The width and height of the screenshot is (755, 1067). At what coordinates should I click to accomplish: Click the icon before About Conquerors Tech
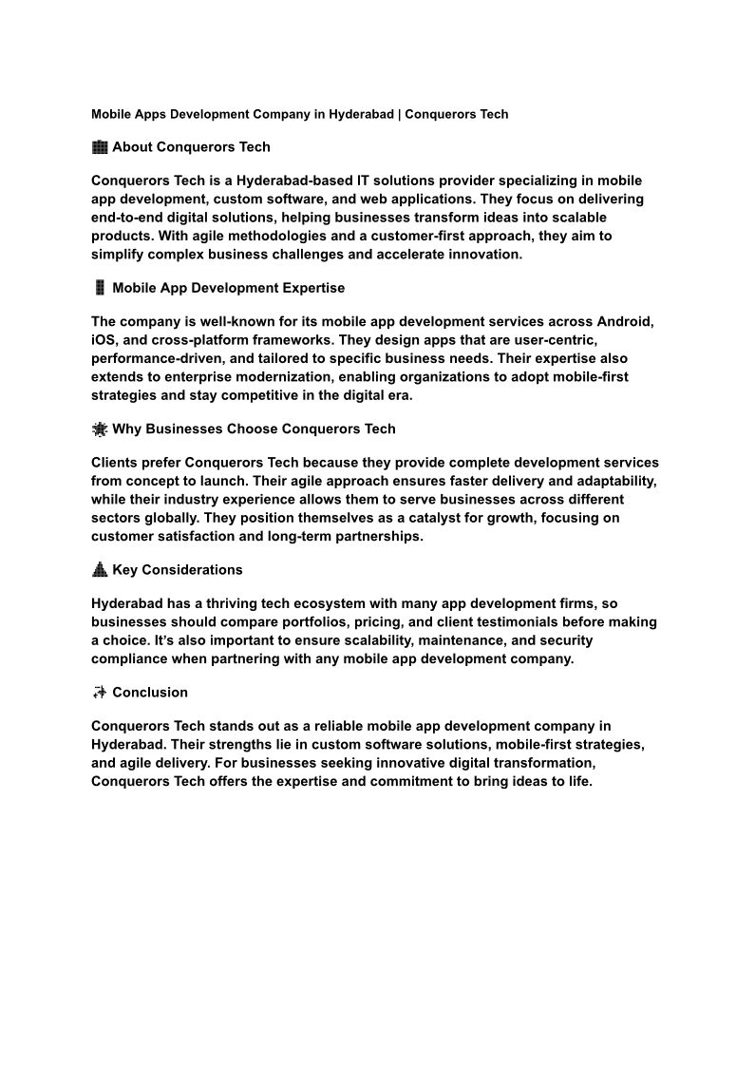[x=100, y=147]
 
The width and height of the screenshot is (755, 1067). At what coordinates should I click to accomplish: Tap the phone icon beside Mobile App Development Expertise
[x=100, y=288]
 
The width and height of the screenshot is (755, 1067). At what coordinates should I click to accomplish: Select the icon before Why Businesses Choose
[x=100, y=429]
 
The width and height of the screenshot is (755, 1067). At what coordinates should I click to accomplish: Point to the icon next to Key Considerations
[x=100, y=570]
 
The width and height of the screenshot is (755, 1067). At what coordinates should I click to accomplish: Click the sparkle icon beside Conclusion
[x=100, y=693]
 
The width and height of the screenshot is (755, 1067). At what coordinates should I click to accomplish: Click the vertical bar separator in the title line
[x=399, y=115]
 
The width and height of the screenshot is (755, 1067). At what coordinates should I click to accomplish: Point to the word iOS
[x=103, y=340]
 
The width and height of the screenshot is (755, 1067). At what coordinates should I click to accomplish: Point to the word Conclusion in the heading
[x=150, y=693]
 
